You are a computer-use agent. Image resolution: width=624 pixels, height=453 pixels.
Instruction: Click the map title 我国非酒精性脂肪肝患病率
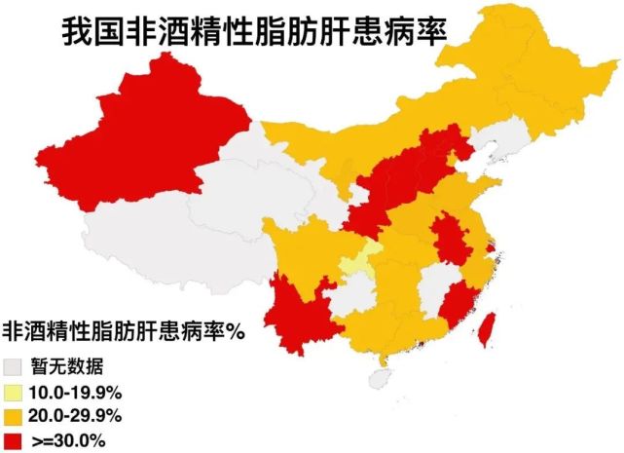tap(252, 29)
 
